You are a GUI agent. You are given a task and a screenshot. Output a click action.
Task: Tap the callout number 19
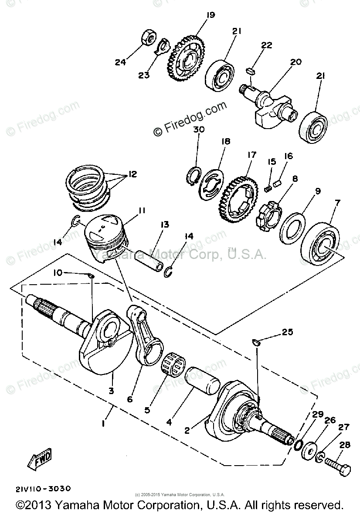pyautogui.click(x=211, y=15)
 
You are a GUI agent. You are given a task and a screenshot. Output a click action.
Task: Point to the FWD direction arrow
pyautogui.click(x=39, y=458)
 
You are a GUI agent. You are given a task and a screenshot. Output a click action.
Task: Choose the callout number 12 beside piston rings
pyautogui.click(x=132, y=174)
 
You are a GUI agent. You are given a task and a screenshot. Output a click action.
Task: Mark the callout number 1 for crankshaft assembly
pyautogui.click(x=103, y=423)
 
